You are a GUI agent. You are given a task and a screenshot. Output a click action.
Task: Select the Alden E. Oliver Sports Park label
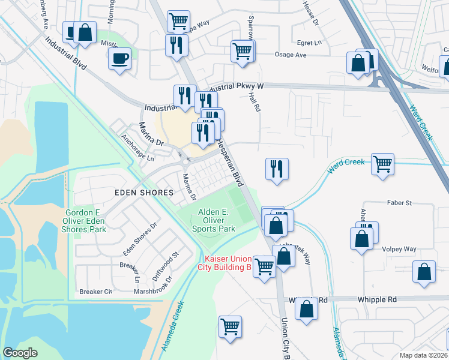click(214, 220)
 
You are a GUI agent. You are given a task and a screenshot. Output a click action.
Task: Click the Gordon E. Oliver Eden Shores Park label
click(85, 221)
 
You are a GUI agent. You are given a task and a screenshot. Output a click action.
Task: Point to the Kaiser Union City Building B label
click(224, 263)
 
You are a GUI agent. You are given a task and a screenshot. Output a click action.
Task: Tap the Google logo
click(20, 352)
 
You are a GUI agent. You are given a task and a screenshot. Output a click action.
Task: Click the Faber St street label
click(399, 203)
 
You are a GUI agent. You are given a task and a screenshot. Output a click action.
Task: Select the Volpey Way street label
click(399, 249)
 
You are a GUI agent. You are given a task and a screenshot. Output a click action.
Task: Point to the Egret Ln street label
click(310, 43)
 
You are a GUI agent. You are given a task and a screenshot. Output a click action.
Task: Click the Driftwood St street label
click(167, 262)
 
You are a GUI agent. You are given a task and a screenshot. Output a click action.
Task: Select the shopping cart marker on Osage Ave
click(243, 50)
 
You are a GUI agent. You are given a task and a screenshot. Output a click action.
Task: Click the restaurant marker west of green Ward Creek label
click(277, 169)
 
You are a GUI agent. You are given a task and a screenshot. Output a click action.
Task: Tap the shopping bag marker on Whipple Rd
click(306, 308)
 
